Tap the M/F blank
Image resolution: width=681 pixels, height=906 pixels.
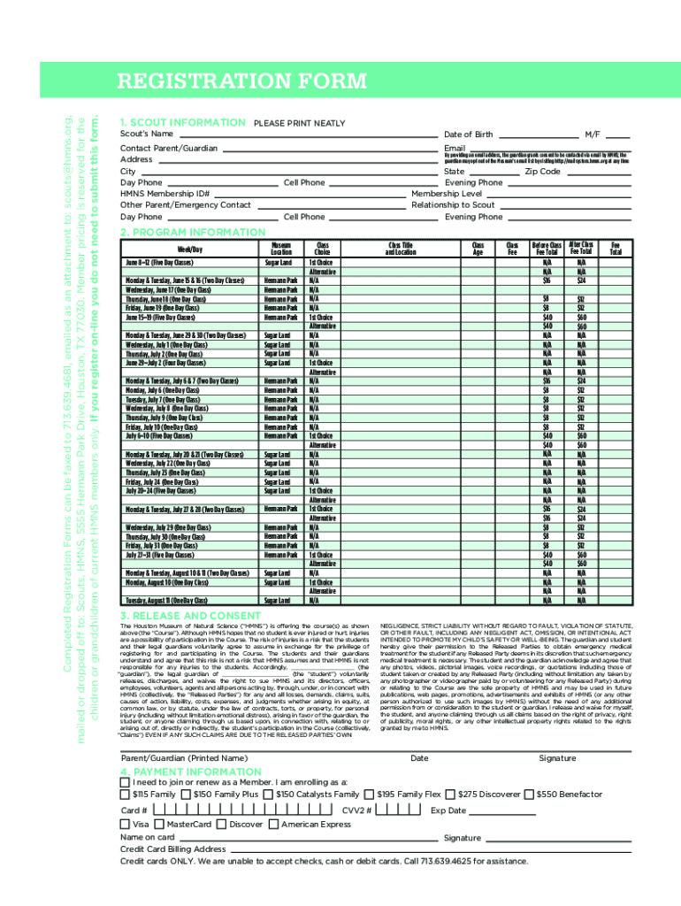point(618,137)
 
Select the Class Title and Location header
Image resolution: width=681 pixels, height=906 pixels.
point(401,248)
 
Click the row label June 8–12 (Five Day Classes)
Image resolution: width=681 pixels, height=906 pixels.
point(159,263)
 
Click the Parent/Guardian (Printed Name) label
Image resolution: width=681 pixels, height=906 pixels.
point(184,758)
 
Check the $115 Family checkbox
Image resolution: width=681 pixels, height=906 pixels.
point(125,795)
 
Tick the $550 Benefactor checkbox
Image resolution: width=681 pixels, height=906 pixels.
point(529,795)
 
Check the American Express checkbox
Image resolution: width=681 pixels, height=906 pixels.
point(274,824)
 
